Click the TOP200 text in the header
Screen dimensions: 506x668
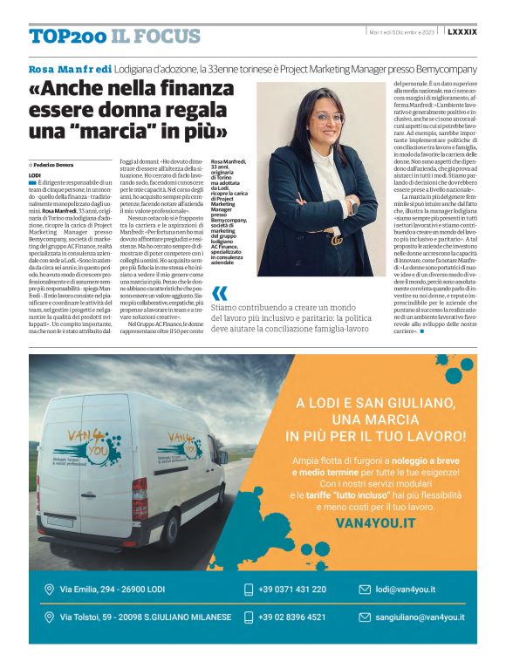click(66, 36)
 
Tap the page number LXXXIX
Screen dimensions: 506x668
click(462, 32)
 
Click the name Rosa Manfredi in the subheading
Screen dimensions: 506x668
click(70, 68)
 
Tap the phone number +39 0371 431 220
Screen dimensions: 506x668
click(291, 590)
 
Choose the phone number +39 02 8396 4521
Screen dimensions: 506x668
click(291, 617)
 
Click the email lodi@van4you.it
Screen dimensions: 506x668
click(406, 590)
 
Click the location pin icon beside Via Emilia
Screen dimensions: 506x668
click(49, 590)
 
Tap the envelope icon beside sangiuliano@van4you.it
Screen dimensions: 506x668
click(365, 617)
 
